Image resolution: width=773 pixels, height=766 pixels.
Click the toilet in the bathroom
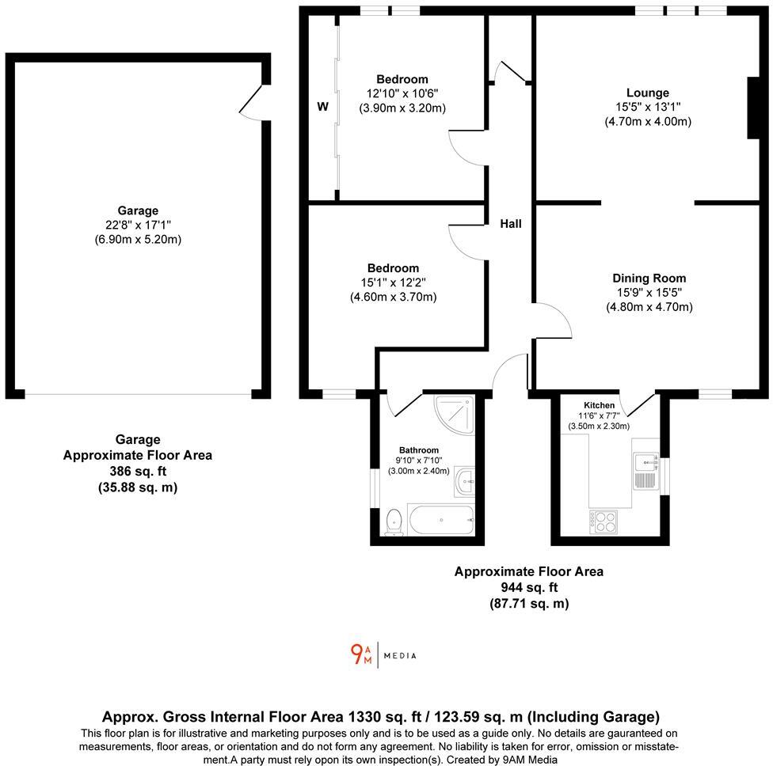point(393,523)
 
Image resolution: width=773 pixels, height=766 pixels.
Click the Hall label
point(511,224)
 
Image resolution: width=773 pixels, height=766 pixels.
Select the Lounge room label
point(647,93)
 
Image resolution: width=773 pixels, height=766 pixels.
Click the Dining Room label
point(649,278)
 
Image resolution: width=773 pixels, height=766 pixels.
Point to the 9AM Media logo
point(383,655)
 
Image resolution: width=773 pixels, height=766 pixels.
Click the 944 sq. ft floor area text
point(529,587)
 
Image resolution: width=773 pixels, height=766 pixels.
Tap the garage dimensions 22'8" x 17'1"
point(138,225)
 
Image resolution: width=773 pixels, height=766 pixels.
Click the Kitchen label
point(599,405)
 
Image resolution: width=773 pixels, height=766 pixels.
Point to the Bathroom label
point(418,450)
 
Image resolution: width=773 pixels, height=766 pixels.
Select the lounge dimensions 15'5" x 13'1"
point(647,107)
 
